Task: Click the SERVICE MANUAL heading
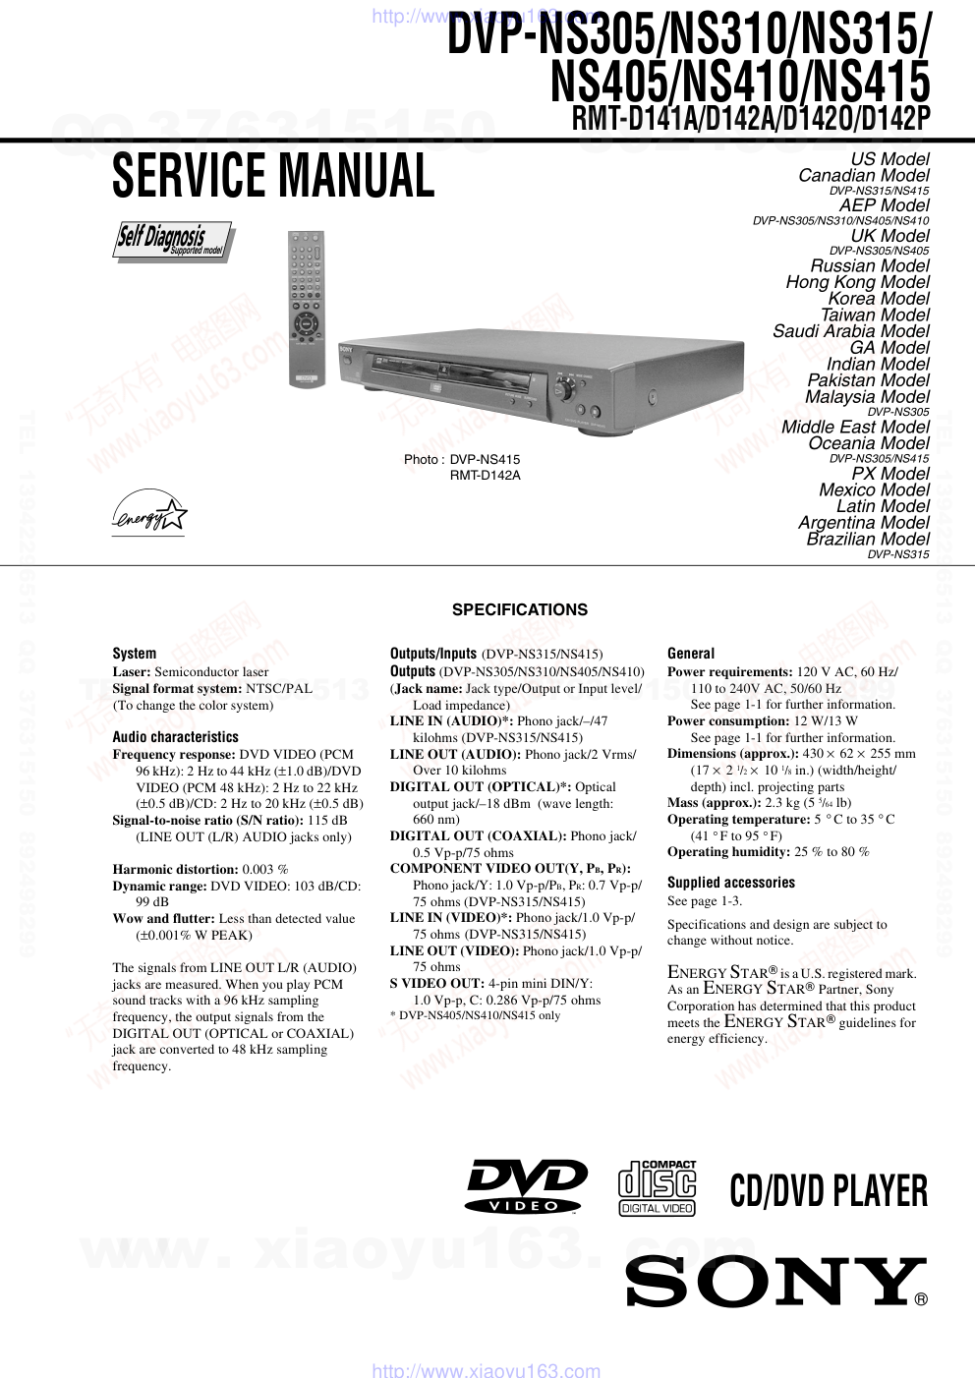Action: (273, 177)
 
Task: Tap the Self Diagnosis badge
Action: (173, 240)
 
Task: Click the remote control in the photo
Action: (305, 309)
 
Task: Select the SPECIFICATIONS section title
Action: (519, 609)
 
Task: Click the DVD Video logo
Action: (526, 1186)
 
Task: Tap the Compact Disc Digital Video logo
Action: (657, 1188)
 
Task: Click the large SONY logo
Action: (775, 1282)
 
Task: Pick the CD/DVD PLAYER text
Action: (829, 1191)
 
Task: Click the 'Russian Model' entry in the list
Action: (869, 265)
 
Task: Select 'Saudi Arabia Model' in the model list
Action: (850, 331)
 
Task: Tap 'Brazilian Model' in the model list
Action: (867, 539)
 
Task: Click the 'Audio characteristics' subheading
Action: (175, 736)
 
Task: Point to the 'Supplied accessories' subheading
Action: (730, 883)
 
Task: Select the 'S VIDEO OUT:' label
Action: (436, 983)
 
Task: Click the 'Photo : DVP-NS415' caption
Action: (462, 459)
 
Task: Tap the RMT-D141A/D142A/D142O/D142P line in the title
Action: (750, 118)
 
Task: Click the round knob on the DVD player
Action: (564, 390)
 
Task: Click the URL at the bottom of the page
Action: (487, 1370)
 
